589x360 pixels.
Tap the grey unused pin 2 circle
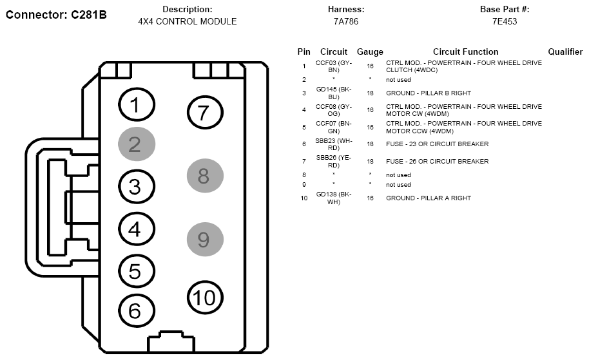pyautogui.click(x=137, y=144)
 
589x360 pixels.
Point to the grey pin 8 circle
pyautogui.click(x=205, y=176)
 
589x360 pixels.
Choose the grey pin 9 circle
pyautogui.click(x=205, y=240)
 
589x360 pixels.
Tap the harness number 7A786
pyautogui.click(x=346, y=21)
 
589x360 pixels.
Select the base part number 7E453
pyautogui.click(x=505, y=21)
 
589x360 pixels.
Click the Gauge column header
pyautogui.click(x=370, y=52)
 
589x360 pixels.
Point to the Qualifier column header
pyautogui.click(x=565, y=52)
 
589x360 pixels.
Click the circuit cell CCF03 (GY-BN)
pyautogui.click(x=334, y=66)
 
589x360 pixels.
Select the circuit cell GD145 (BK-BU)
pyautogui.click(x=334, y=93)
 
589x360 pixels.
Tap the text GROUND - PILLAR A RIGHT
pyautogui.click(x=429, y=198)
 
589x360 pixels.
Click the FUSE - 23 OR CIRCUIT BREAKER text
pyautogui.click(x=438, y=144)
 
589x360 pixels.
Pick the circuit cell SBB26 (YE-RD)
pyautogui.click(x=334, y=162)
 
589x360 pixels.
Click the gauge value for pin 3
pyautogui.click(x=370, y=93)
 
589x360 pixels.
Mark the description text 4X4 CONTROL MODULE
pyautogui.click(x=188, y=21)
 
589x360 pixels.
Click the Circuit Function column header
pyautogui.click(x=465, y=52)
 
